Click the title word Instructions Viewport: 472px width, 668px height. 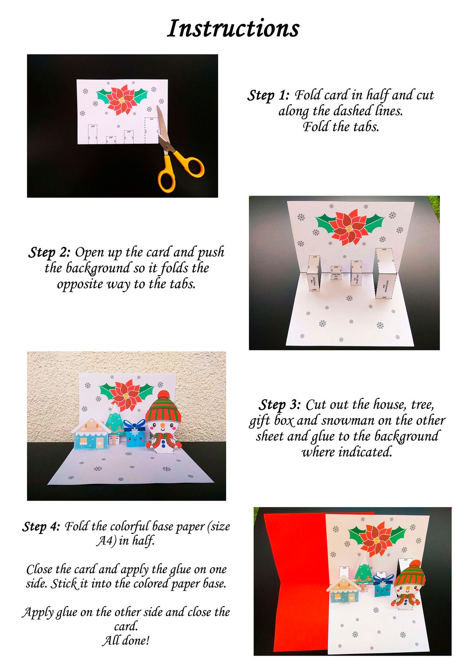(x=233, y=29)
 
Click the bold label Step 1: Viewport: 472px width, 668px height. (x=268, y=95)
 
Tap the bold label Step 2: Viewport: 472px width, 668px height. (x=49, y=252)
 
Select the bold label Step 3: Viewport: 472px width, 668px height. (x=280, y=404)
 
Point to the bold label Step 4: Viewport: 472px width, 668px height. (x=41, y=527)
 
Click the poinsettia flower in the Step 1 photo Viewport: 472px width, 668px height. (x=122, y=99)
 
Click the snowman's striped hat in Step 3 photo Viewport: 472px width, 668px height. (x=164, y=407)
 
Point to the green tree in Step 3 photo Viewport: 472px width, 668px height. (x=114, y=419)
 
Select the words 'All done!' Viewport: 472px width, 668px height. (x=126, y=641)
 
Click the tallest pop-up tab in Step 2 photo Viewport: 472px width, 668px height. (x=385, y=273)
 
